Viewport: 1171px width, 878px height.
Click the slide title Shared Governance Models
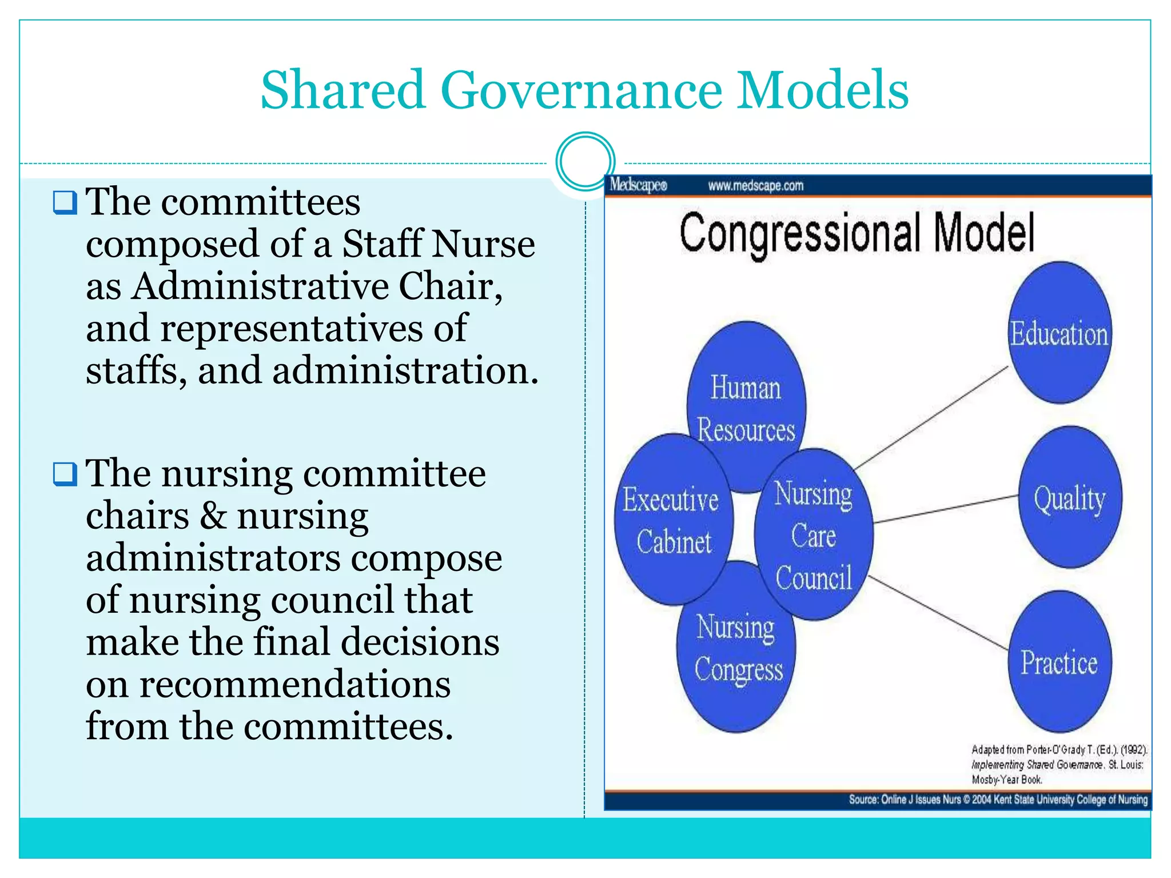point(584,90)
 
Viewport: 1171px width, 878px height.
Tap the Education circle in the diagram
point(1060,333)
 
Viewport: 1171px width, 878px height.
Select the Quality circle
point(1069,497)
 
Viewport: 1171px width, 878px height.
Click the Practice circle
point(1060,662)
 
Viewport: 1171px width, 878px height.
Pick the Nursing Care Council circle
point(814,535)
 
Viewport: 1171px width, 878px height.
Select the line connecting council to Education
point(932,417)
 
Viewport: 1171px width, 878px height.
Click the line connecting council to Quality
point(946,509)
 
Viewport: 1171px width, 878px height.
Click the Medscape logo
point(638,185)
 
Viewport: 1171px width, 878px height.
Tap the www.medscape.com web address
point(755,186)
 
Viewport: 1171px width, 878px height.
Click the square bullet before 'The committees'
point(65,202)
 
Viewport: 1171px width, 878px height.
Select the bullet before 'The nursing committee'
point(65,474)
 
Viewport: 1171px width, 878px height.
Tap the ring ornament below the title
point(585,161)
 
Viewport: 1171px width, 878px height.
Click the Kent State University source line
point(998,799)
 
